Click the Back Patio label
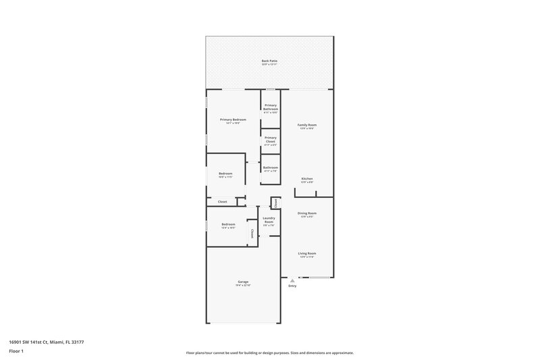tap(269, 61)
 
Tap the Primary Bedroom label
tap(233, 120)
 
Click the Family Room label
tap(307, 125)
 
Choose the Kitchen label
tap(307, 178)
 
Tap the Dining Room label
tap(307, 213)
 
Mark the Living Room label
tap(307, 253)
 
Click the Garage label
tap(242, 282)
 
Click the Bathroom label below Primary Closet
tap(271, 168)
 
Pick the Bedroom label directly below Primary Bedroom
tap(225, 174)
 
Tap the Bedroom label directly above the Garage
tap(228, 224)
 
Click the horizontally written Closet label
tap(222, 201)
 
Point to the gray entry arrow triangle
tap(292, 280)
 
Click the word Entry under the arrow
tap(292, 286)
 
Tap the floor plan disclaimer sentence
tap(269, 353)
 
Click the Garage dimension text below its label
tap(242, 286)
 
